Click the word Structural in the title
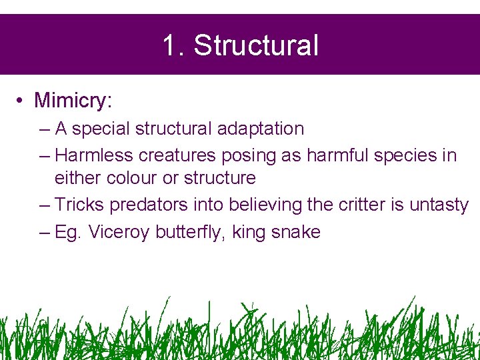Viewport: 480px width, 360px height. click(x=257, y=46)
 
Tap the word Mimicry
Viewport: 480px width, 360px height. click(x=73, y=100)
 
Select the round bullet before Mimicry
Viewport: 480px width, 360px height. click(x=22, y=101)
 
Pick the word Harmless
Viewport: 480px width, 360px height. click(x=94, y=155)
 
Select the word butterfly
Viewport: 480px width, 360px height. click(x=191, y=232)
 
